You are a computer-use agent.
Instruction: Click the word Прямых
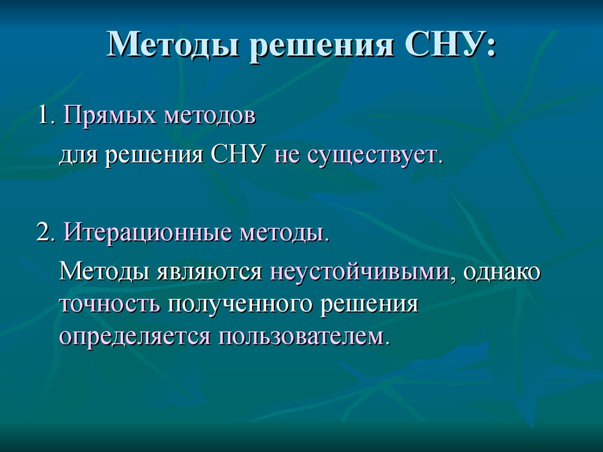(x=110, y=115)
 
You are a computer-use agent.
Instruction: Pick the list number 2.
(x=47, y=232)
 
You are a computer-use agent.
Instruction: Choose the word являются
(x=209, y=272)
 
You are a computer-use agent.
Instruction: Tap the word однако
(x=502, y=271)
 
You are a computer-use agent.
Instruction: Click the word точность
(x=110, y=304)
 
